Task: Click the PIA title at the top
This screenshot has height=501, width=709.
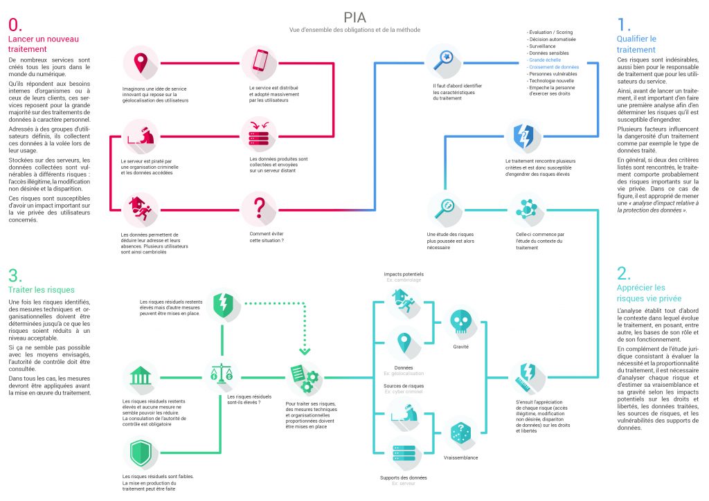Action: [x=354, y=18]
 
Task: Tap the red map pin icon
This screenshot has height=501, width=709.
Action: [x=141, y=63]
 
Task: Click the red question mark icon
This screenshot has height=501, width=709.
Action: [x=260, y=208]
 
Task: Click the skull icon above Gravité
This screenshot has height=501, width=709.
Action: [x=461, y=320]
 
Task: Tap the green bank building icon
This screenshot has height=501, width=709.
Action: [x=141, y=378]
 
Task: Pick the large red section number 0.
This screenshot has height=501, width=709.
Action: [x=15, y=25]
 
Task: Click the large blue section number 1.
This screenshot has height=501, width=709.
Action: [x=625, y=24]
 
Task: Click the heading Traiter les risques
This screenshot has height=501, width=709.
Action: [x=41, y=290]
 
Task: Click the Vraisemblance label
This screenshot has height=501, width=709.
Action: [x=461, y=458]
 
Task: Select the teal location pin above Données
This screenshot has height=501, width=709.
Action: [x=404, y=342]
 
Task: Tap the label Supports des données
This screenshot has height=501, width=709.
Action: [x=404, y=477]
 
